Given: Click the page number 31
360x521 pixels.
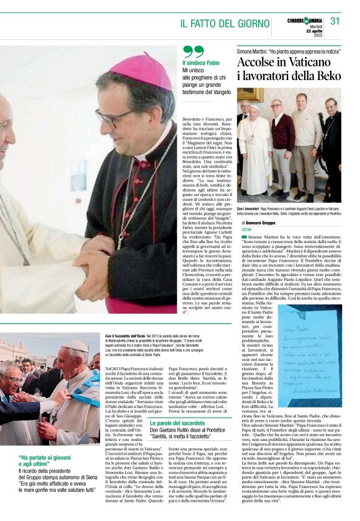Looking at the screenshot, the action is tap(335, 21).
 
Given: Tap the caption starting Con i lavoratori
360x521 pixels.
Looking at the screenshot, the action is tap(288, 212).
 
